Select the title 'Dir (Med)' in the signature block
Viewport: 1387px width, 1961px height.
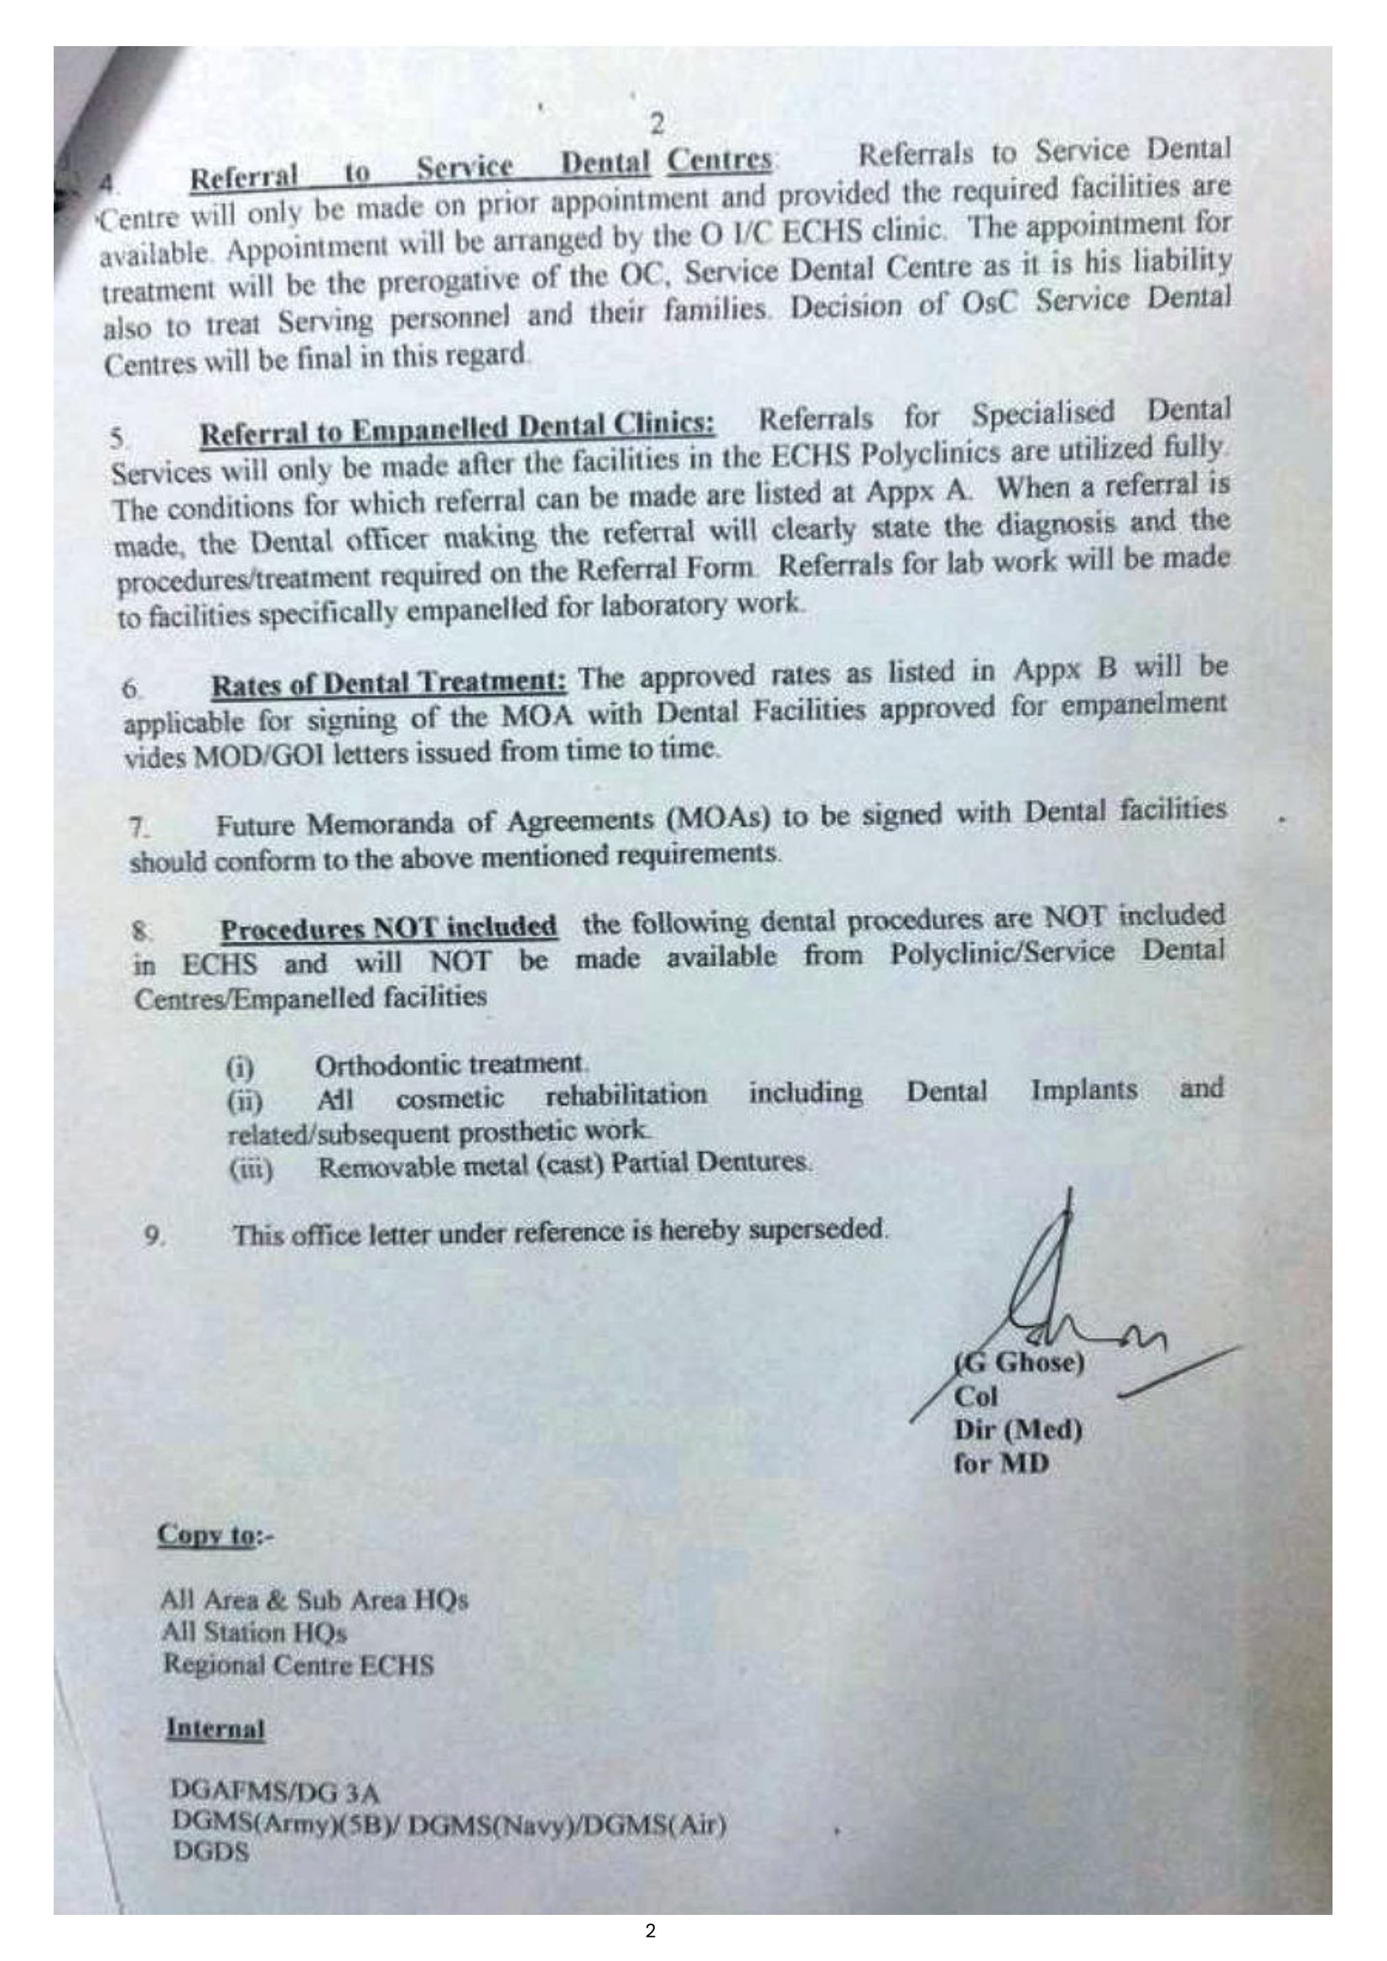pyautogui.click(x=1017, y=1429)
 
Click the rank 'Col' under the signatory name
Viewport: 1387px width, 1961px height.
pyautogui.click(x=976, y=1397)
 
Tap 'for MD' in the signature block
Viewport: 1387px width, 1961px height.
pyautogui.click(x=1000, y=1463)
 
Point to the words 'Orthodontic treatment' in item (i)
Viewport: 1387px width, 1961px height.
pyautogui.click(x=450, y=1065)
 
